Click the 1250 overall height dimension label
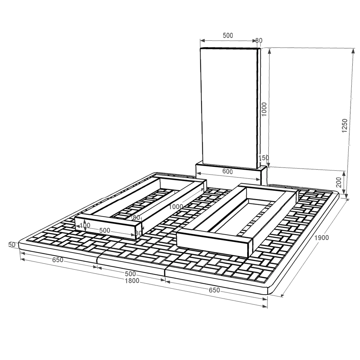[344, 125]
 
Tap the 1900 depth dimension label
[322, 238]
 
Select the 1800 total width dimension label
[132, 280]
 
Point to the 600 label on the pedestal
[227, 172]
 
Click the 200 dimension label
[339, 182]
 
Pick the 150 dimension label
[264, 158]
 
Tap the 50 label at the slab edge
[12, 244]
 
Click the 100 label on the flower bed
[85, 225]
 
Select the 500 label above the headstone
[228, 35]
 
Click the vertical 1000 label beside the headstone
[264, 109]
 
